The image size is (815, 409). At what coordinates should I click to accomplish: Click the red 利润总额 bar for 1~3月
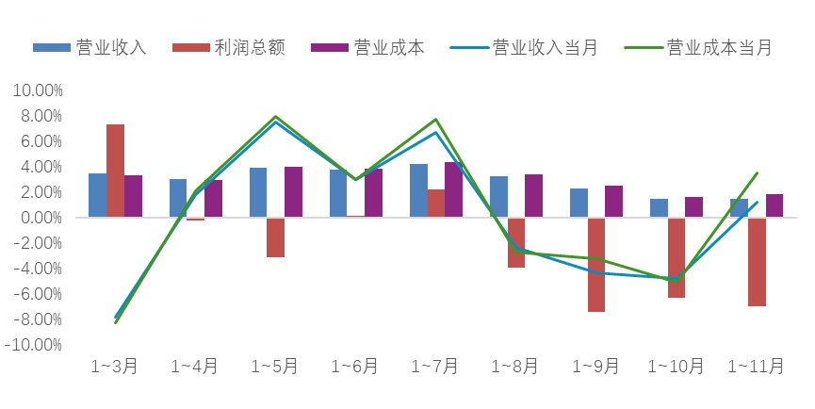[x=115, y=171]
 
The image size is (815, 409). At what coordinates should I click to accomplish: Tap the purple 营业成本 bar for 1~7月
[x=453, y=189]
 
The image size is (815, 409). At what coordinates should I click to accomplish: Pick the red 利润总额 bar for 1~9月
[x=596, y=265]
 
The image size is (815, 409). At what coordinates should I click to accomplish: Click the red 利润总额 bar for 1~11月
[x=757, y=262]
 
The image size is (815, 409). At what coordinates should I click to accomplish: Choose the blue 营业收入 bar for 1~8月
[x=498, y=197]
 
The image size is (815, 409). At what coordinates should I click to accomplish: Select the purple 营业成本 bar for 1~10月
[x=693, y=207]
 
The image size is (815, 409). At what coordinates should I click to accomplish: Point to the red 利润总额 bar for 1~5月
[x=275, y=237]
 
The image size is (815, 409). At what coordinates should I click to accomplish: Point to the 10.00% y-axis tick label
[x=37, y=90]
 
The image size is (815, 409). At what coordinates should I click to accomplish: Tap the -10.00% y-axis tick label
[x=34, y=345]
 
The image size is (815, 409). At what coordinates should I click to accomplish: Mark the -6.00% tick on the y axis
[x=37, y=294]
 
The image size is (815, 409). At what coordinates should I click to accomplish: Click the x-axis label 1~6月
[x=355, y=366]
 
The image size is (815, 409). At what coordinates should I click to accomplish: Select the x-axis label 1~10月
[x=676, y=366]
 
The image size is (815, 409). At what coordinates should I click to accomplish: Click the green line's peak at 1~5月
[x=276, y=117]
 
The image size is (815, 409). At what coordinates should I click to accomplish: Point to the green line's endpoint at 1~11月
[x=758, y=172]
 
